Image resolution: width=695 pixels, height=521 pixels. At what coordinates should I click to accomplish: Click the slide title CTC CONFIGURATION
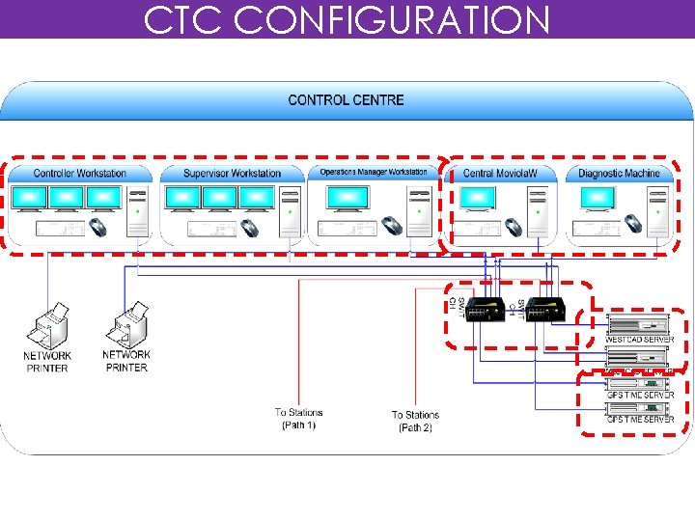pyautogui.click(x=347, y=19)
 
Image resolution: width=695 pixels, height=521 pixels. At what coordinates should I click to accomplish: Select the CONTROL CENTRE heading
pyautogui.click(x=347, y=99)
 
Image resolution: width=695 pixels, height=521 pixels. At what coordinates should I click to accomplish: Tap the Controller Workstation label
pyautogui.click(x=80, y=174)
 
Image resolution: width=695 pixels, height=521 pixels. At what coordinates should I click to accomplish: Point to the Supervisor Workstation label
pyautogui.click(x=232, y=174)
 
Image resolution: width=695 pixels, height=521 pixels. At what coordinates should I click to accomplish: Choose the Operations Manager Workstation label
pyautogui.click(x=373, y=173)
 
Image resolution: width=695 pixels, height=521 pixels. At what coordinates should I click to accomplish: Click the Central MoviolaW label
pyautogui.click(x=494, y=174)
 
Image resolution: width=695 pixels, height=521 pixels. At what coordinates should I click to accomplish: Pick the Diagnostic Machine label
pyautogui.click(x=619, y=174)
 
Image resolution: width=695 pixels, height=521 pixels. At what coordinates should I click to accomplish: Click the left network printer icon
pyautogui.click(x=47, y=328)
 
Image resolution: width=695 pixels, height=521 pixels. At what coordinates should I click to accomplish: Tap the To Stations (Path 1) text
pyautogui.click(x=298, y=419)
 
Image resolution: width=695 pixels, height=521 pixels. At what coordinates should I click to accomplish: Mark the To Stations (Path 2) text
pyautogui.click(x=415, y=422)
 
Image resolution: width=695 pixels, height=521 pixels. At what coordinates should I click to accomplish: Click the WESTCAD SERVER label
pyautogui.click(x=640, y=340)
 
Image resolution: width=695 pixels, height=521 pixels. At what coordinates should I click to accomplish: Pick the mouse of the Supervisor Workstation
pyautogui.click(x=249, y=228)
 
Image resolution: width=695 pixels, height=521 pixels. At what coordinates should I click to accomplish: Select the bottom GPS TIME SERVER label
pyautogui.click(x=640, y=420)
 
